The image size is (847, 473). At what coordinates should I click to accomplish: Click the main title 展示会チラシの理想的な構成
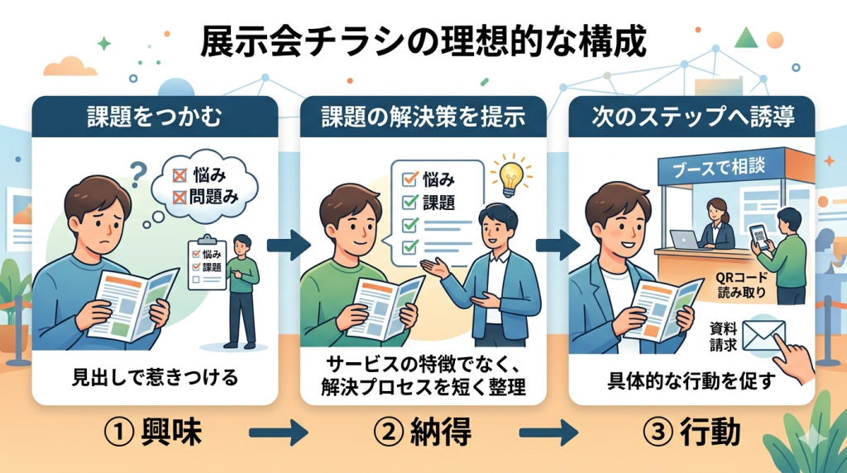(423, 42)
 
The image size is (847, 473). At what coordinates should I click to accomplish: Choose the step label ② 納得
(423, 432)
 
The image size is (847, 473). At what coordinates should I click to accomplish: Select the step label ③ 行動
(693, 432)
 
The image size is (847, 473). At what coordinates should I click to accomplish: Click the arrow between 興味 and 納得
(278, 432)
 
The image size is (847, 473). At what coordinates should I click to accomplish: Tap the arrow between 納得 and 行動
(548, 432)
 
